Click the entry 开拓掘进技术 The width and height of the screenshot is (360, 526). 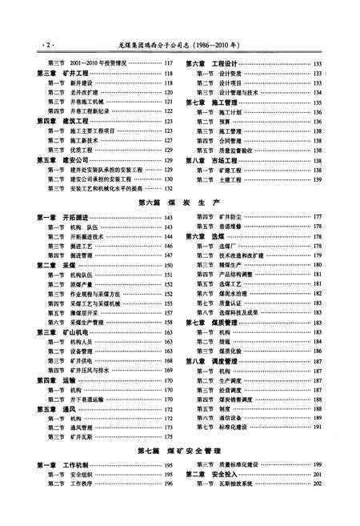coord(86,237)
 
